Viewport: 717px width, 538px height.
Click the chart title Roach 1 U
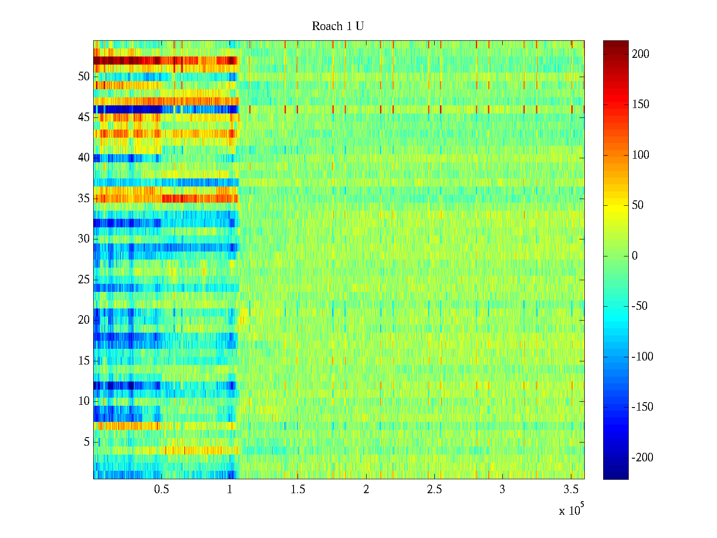pos(337,26)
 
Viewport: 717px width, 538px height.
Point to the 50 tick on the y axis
pos(84,77)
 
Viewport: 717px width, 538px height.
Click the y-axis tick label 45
pos(84,117)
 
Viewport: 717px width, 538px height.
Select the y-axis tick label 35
pos(84,199)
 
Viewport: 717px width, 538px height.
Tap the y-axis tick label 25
pos(84,280)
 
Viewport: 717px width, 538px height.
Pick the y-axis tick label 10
pos(84,401)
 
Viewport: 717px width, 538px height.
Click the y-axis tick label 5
pos(86,442)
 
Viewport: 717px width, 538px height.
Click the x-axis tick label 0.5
pos(161,490)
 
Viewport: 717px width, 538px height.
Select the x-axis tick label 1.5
pos(298,490)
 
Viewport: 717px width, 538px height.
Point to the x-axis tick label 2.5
pos(434,490)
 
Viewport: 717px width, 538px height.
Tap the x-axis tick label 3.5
pos(570,490)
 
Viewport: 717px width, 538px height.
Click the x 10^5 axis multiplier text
pos(571,510)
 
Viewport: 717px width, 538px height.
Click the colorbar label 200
pos(640,54)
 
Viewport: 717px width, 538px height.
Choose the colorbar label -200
pos(642,458)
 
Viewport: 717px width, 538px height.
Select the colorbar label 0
pos(635,256)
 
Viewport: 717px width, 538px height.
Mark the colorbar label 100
pos(640,155)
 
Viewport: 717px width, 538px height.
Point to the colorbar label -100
pos(642,357)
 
